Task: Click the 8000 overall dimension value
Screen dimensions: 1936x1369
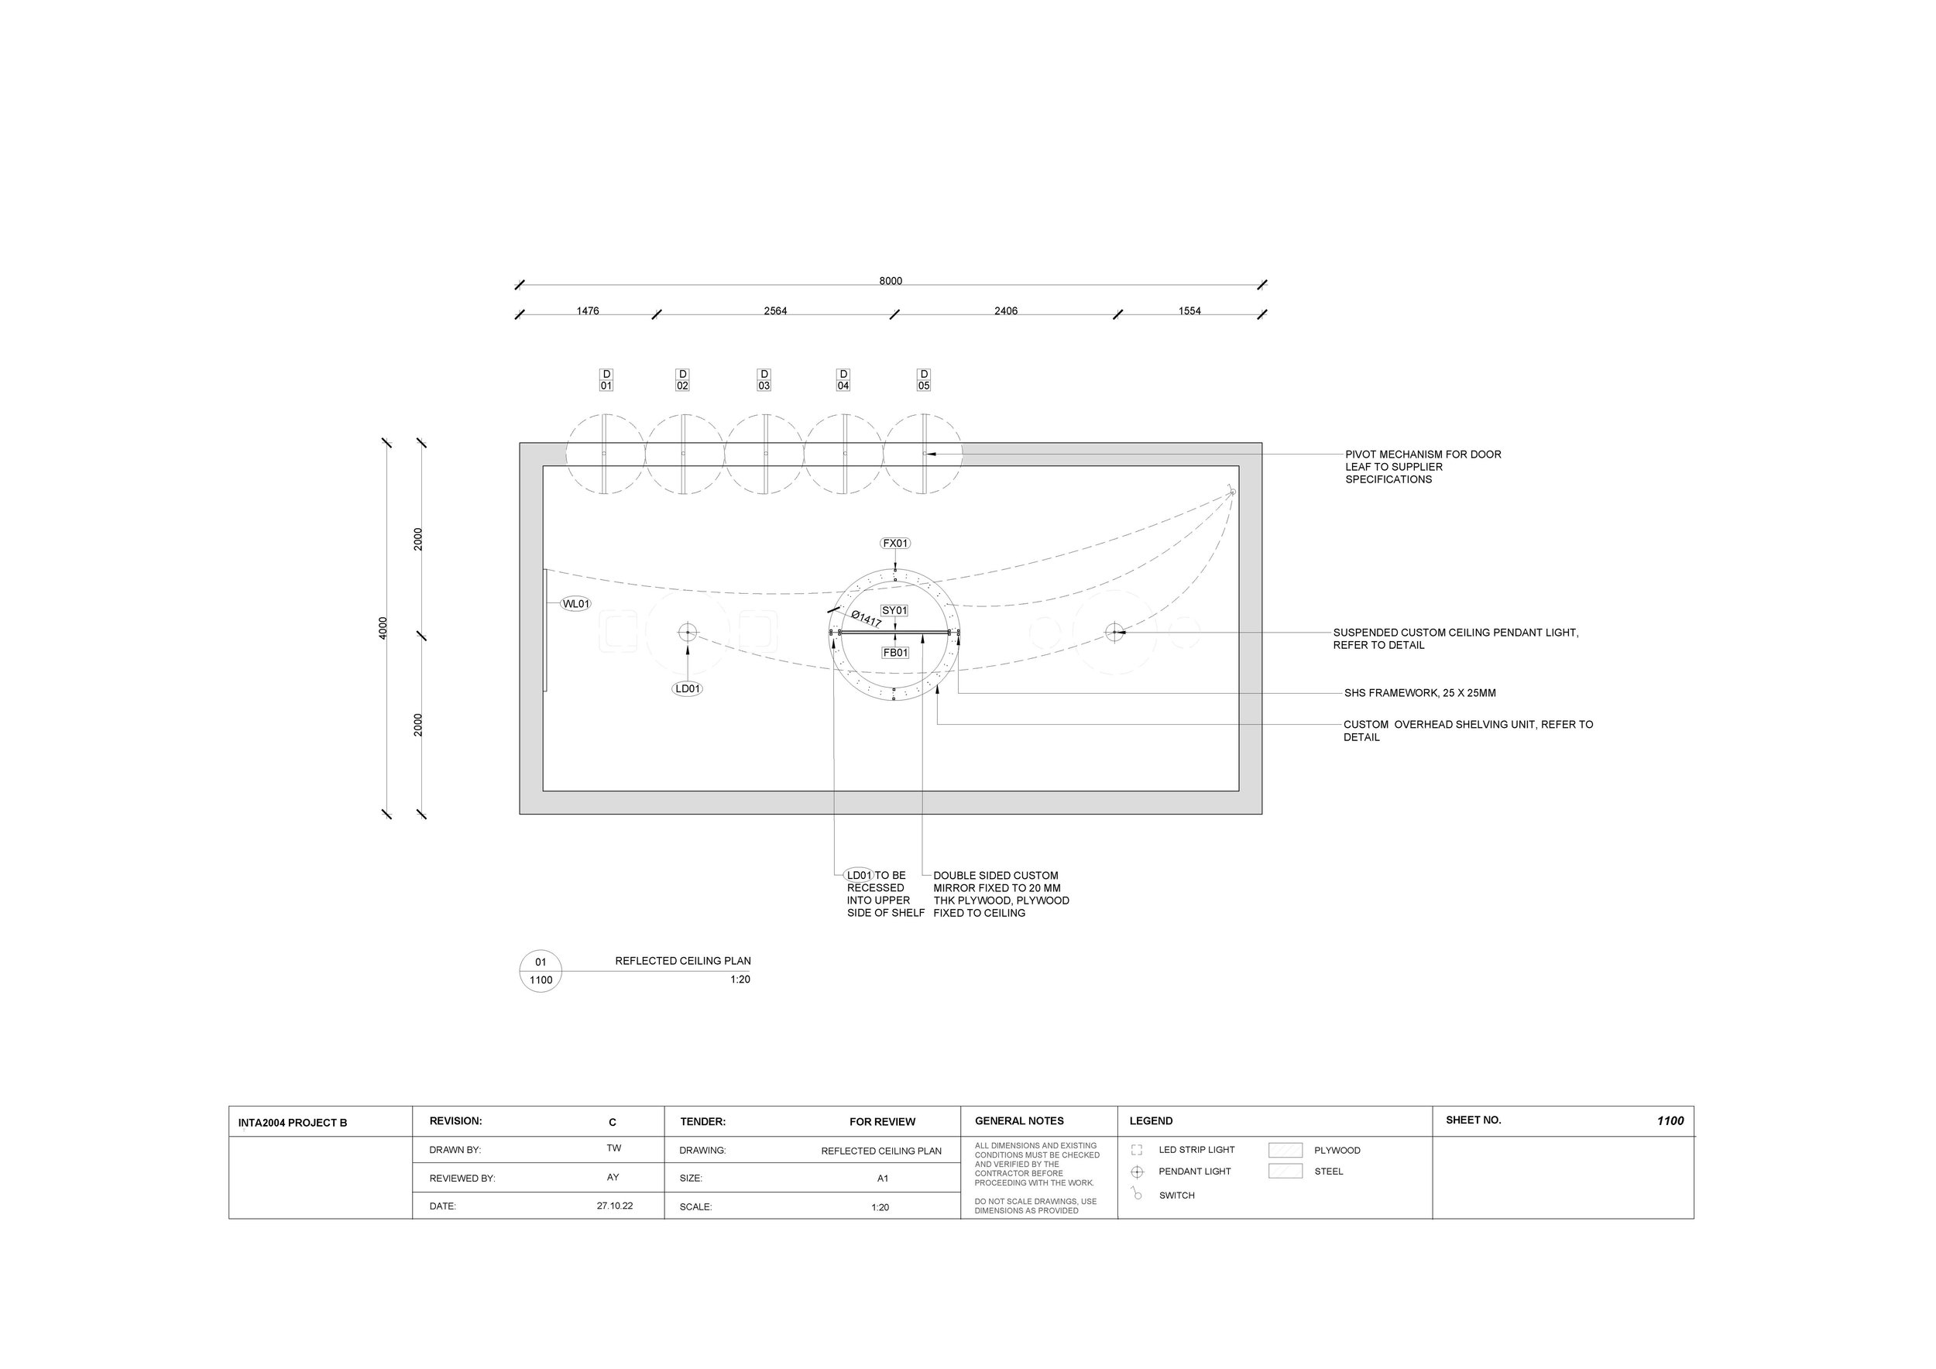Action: click(891, 281)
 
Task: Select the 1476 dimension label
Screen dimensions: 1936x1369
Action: click(588, 311)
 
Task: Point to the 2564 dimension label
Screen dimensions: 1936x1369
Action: click(775, 311)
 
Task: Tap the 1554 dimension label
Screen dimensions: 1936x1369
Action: click(1189, 311)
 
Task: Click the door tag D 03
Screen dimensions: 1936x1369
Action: click(764, 380)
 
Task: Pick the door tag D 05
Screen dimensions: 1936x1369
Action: click(924, 380)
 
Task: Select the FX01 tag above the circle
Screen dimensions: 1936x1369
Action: click(895, 544)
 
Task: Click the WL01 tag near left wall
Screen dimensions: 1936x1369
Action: click(576, 603)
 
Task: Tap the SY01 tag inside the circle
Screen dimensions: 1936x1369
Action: click(894, 610)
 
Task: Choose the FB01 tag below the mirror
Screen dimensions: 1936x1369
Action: click(895, 653)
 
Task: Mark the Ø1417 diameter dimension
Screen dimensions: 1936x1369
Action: click(867, 619)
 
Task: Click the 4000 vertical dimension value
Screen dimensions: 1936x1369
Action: click(383, 628)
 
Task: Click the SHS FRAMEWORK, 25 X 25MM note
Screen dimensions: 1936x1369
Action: click(1420, 693)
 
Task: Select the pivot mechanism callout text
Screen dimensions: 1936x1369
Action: click(1423, 467)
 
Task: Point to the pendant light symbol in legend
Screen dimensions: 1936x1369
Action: click(1137, 1172)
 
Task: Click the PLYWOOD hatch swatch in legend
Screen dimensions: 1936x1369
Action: click(1285, 1150)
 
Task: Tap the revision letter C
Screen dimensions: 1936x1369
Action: click(613, 1122)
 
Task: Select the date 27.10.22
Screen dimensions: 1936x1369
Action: click(615, 1206)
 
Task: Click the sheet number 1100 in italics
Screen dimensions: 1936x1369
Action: click(1670, 1120)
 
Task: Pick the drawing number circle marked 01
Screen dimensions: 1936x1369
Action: click(541, 971)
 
